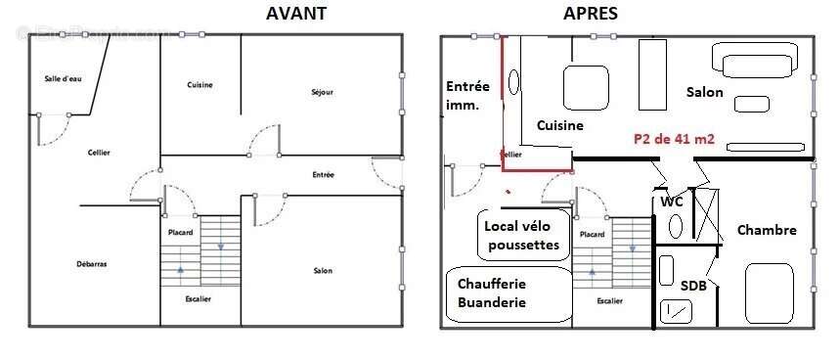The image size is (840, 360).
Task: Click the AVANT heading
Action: coord(295,14)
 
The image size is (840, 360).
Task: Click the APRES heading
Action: coord(590,14)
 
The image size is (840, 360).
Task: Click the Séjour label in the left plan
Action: coord(322,92)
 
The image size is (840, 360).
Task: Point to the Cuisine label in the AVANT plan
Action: coord(199,85)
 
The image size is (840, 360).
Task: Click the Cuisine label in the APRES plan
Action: coord(559,125)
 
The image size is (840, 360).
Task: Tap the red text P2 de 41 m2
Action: coord(675,140)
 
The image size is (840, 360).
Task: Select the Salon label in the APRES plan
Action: coord(704,92)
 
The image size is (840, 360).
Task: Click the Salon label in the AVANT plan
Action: coord(322,271)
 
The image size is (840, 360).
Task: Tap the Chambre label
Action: coord(767,231)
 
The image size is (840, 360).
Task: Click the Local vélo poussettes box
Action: coord(522,235)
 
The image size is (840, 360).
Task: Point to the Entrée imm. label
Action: coord(467,95)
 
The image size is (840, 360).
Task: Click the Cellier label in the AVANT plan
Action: coord(98,153)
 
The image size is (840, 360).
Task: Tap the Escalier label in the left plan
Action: coord(199,298)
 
